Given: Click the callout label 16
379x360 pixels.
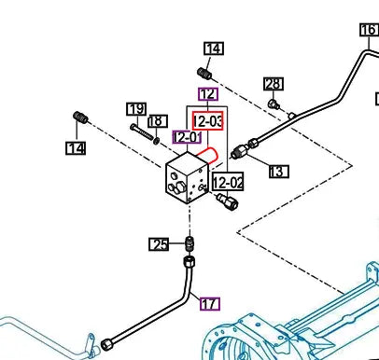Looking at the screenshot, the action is [369, 30].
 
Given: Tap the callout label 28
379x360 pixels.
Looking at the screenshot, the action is [274, 84].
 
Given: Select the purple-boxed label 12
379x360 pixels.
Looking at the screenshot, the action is [208, 94].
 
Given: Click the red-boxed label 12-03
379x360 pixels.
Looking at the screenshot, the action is [207, 120].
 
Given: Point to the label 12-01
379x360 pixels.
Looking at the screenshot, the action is [187, 137].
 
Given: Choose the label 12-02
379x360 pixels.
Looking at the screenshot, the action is [228, 182].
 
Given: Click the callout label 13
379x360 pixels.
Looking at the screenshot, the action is [279, 172].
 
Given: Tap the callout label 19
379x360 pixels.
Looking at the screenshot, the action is [136, 109].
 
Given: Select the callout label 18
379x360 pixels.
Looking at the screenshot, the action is [158, 121].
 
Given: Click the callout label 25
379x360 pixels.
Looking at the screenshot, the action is [159, 244].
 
